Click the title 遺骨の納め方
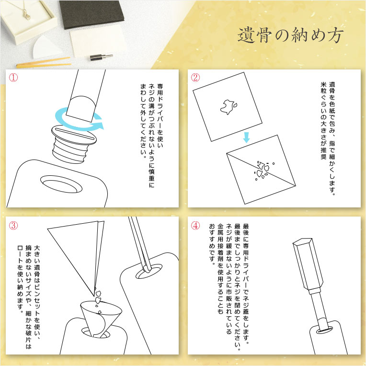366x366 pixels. (290, 35)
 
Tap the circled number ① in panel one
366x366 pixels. (13, 78)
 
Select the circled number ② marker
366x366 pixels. (195, 78)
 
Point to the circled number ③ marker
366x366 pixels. (13, 226)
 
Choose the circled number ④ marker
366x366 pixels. (195, 226)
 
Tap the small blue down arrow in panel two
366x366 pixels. (246, 137)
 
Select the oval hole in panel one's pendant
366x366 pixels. (61, 184)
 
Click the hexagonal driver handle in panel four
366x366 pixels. (308, 265)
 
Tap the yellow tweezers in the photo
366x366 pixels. (44, 63)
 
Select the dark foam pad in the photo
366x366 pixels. (91, 14)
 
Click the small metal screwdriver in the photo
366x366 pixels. (101, 57)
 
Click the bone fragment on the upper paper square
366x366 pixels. (229, 107)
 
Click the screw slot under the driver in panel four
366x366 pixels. (323, 330)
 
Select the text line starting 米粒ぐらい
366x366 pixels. (323, 120)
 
